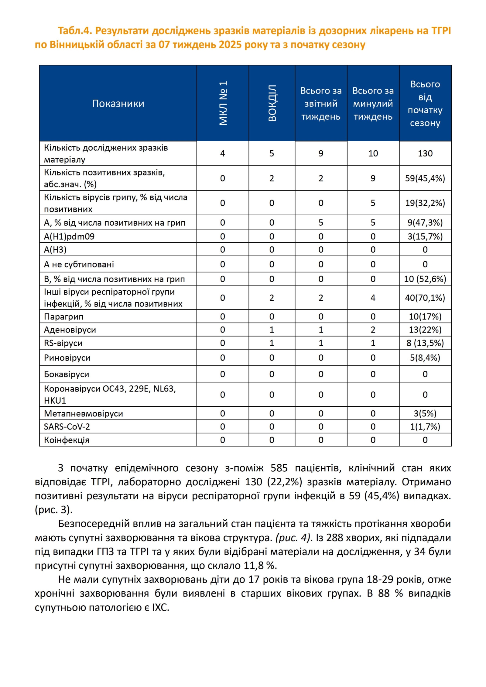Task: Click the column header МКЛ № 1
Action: pos(223,103)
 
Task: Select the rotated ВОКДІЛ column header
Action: pos(272,103)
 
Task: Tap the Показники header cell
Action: pos(118,104)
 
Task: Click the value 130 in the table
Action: pos(425,153)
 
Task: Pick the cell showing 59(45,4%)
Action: pos(425,178)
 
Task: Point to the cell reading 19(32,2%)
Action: pos(425,203)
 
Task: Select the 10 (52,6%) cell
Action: pos(425,279)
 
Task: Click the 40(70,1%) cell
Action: pos(425,298)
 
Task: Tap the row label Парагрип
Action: pos(64,317)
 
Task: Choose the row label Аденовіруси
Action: pos(70,330)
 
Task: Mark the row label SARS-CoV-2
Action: pos(67,427)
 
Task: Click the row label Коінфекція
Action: pos(67,440)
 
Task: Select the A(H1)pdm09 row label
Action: pos(69,236)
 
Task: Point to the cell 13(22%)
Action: pos(425,330)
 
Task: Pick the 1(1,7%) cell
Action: pos(425,427)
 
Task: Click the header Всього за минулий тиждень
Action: pos(373,104)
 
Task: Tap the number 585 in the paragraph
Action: pos(279,468)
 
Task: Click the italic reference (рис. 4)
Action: pos(294,538)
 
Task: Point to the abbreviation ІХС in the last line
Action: pos(160,607)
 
